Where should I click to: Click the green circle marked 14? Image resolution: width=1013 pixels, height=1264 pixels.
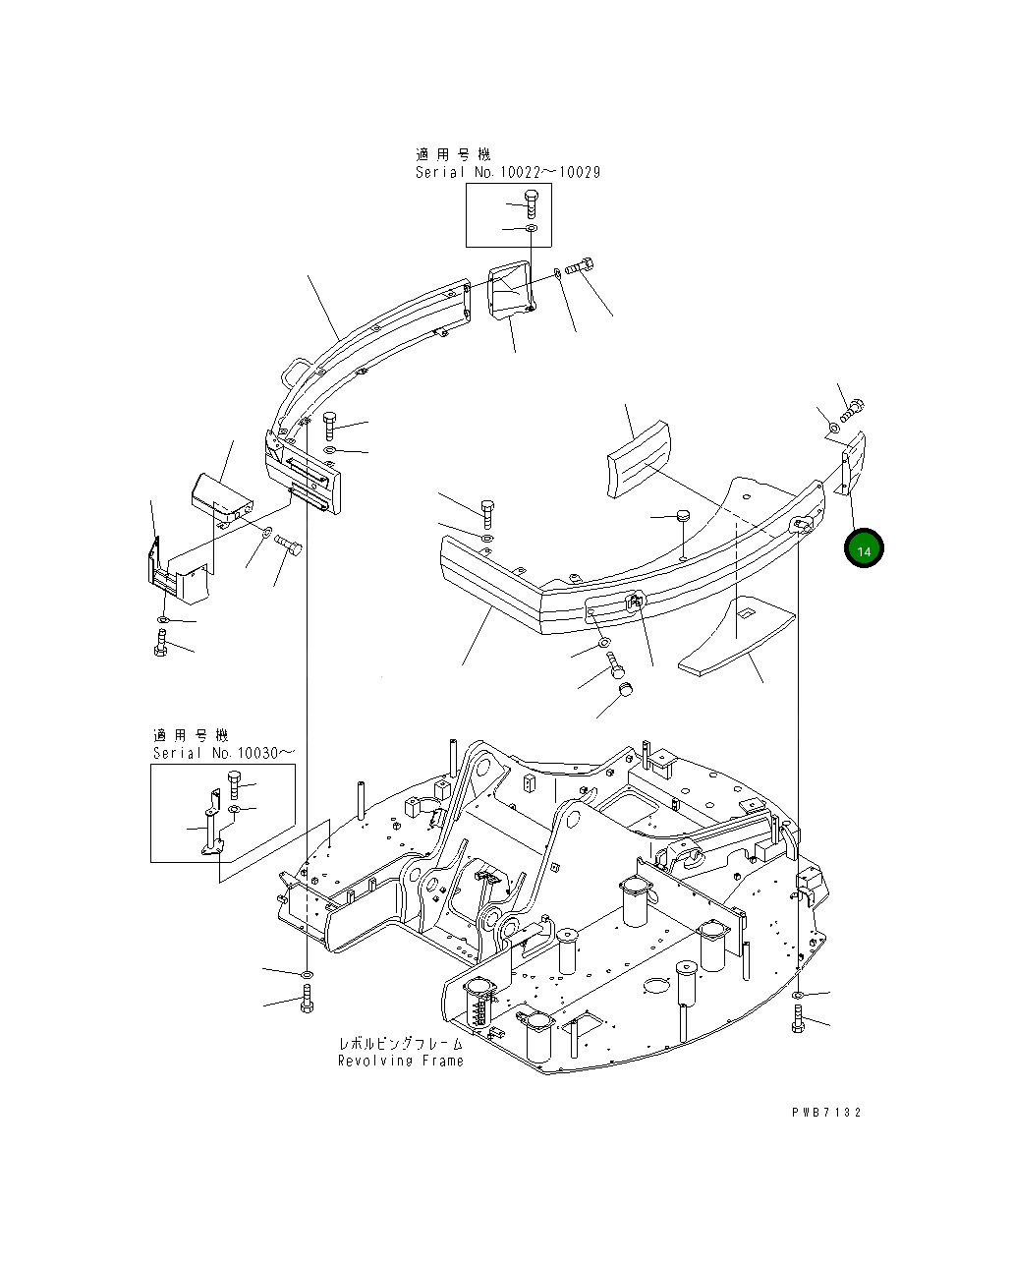click(864, 549)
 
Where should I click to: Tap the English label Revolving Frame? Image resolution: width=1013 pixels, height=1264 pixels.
click(400, 1061)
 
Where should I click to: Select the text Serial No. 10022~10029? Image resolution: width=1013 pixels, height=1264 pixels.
click(507, 172)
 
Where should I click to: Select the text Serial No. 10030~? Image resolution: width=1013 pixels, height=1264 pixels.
click(223, 753)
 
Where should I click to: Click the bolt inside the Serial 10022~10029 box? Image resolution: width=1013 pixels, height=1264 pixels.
click(531, 203)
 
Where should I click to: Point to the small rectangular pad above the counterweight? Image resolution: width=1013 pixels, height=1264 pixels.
click(638, 459)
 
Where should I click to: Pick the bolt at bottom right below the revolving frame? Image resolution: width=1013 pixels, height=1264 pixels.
click(798, 1020)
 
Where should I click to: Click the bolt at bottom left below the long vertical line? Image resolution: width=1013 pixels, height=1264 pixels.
click(307, 1003)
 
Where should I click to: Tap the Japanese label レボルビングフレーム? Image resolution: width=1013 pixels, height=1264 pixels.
click(400, 1043)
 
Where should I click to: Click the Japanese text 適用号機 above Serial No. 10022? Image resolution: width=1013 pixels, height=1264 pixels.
click(452, 154)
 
